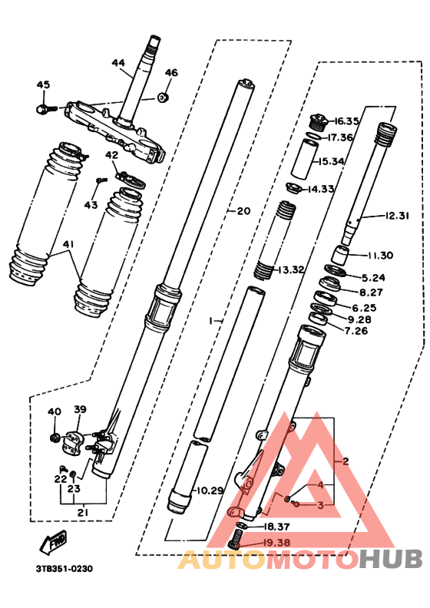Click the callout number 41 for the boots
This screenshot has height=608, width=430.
70,245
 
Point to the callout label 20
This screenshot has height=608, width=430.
243,211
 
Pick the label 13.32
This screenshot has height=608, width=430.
291,269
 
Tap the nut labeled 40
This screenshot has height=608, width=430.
55,438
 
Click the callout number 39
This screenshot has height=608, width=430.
80,409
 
